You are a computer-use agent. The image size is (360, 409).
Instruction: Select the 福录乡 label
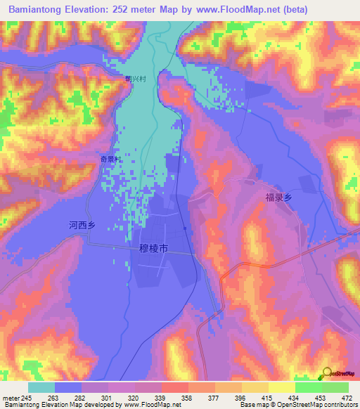(278, 199)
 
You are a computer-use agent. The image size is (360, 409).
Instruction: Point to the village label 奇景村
(110, 160)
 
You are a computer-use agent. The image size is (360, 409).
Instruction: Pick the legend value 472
(344, 398)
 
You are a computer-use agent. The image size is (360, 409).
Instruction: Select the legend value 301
(103, 398)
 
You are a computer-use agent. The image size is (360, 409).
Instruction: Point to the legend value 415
(264, 398)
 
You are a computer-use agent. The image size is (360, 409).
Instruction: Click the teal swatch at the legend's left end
(41, 387)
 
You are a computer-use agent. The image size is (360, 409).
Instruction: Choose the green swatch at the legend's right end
(335, 387)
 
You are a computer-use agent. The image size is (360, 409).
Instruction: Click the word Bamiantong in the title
(38, 8)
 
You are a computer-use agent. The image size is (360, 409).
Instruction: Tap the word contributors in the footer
(340, 405)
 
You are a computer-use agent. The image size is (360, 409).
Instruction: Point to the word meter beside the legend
(10, 398)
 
